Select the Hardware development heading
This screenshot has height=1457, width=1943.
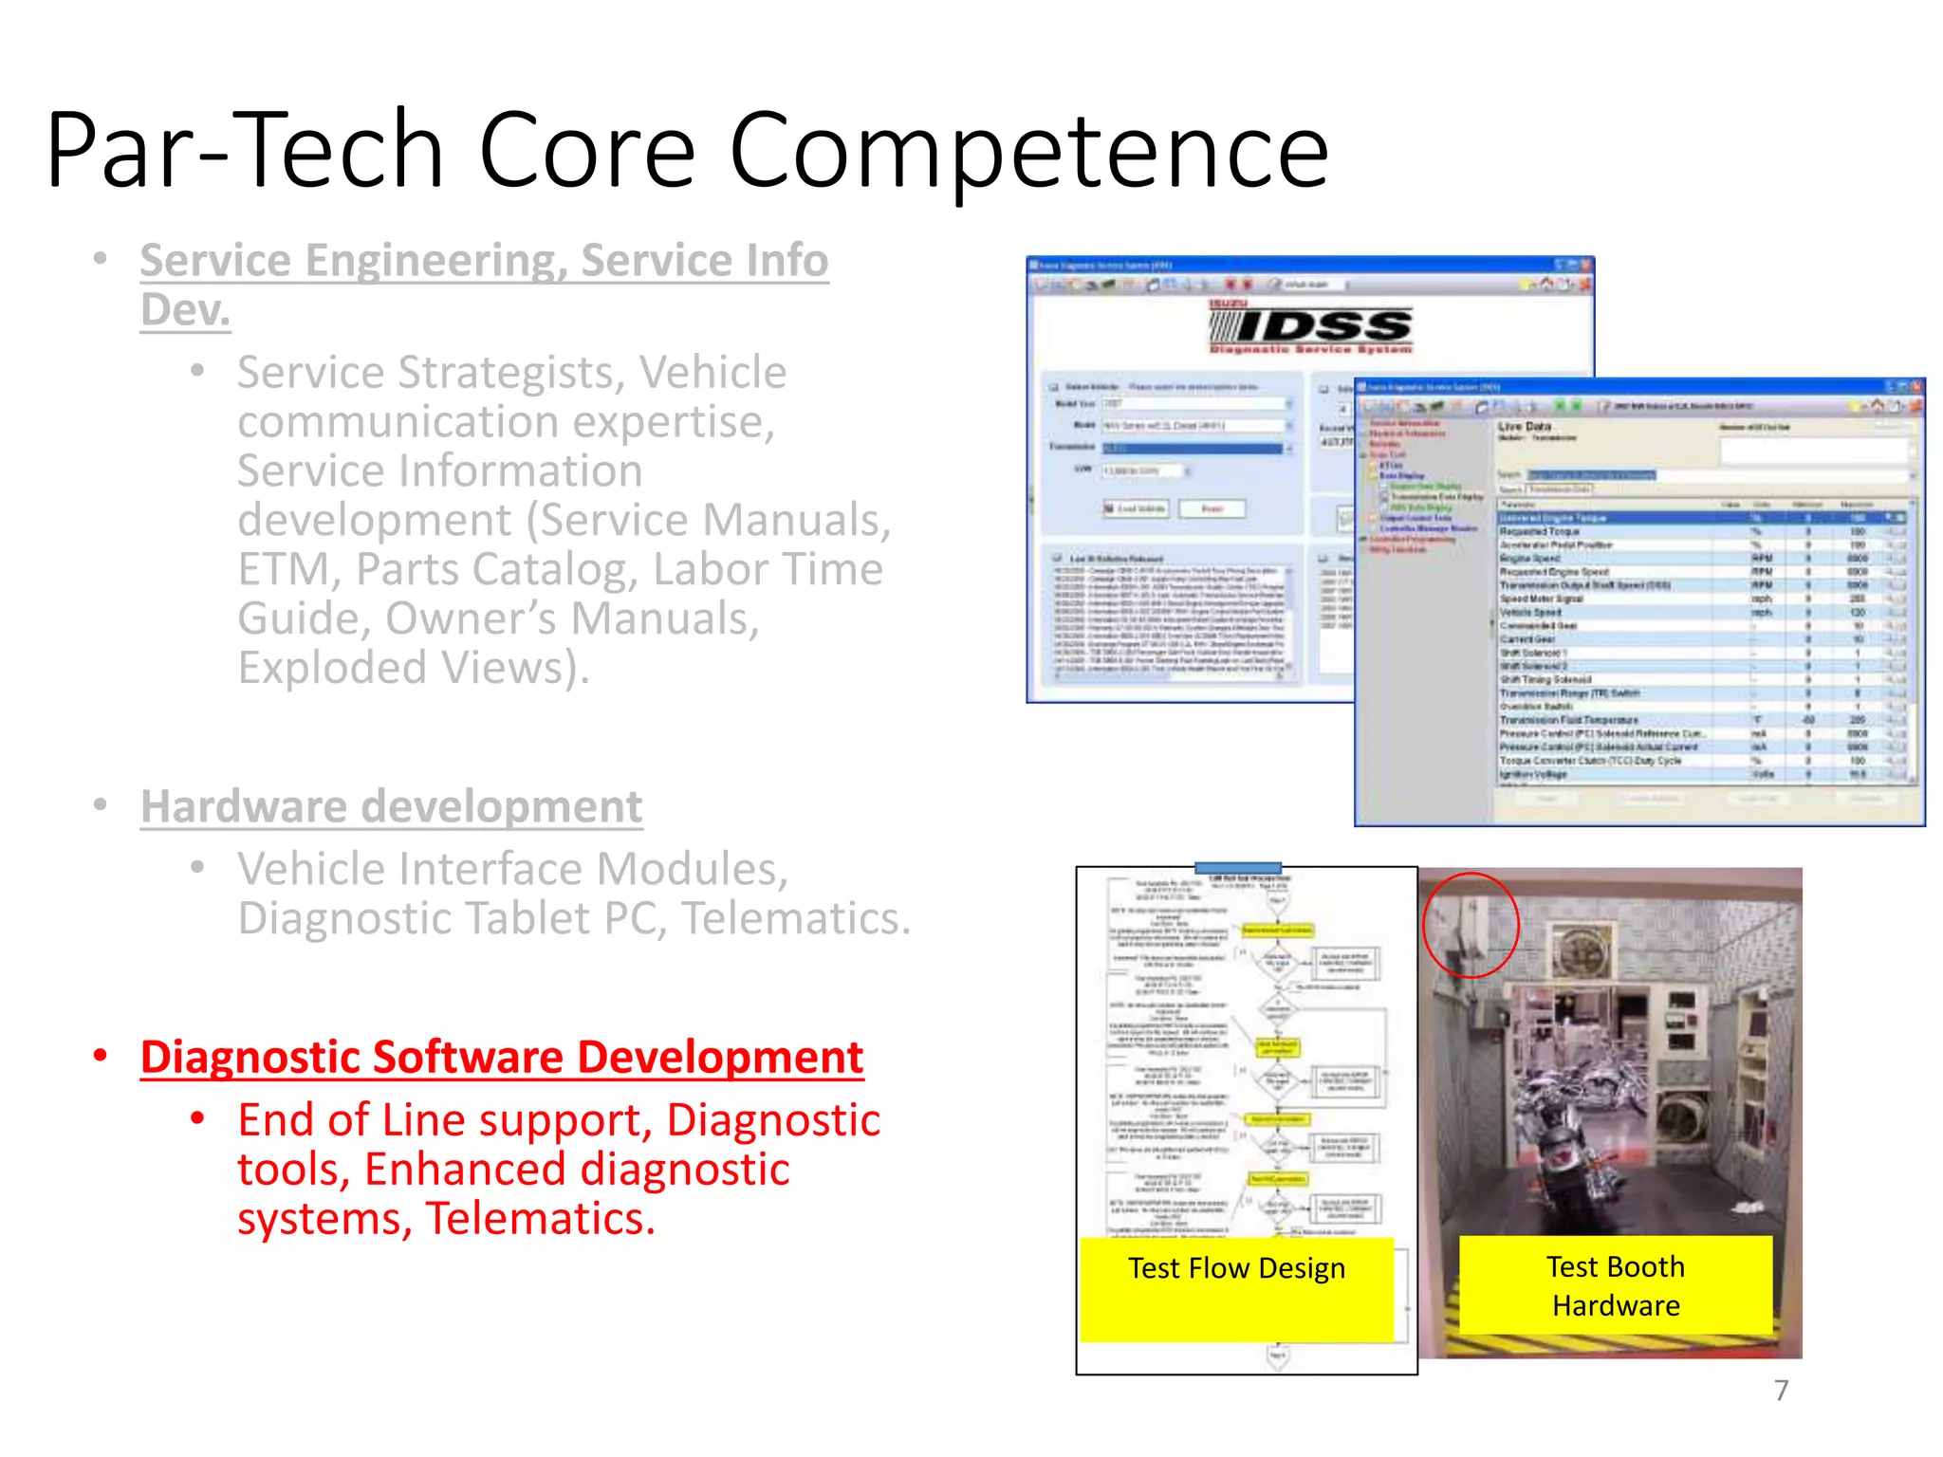point(391,807)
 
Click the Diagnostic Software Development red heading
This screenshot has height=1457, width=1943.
point(502,1058)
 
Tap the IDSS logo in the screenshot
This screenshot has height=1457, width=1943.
point(1312,328)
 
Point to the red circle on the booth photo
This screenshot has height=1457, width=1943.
point(1471,925)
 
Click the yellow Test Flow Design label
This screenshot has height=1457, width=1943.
point(1236,1269)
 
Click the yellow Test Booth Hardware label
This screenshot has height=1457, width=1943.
point(1616,1286)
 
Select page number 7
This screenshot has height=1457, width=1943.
point(1781,1391)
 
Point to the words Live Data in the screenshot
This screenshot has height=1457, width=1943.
point(1525,427)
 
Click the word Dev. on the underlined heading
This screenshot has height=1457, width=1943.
point(186,310)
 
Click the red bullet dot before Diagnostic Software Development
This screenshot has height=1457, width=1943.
point(101,1056)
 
